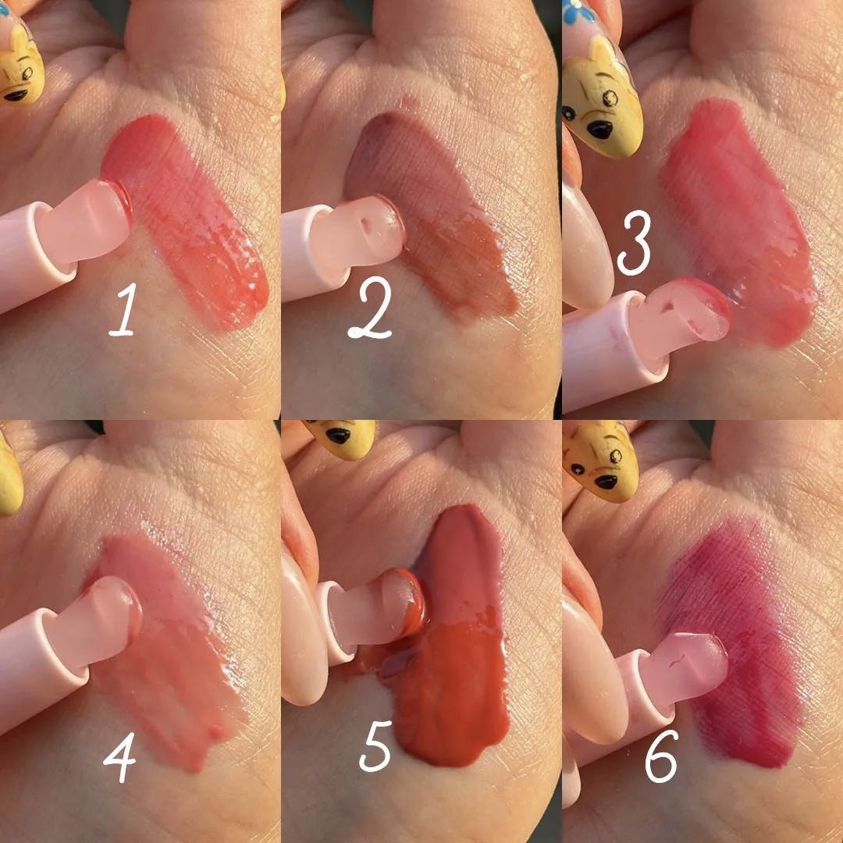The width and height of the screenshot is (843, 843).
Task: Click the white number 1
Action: click(x=123, y=310)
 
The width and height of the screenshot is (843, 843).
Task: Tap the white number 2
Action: click(x=371, y=308)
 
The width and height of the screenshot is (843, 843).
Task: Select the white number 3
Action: click(x=635, y=243)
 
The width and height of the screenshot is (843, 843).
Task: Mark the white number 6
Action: click(x=661, y=756)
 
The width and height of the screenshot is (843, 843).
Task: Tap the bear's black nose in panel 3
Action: click(x=599, y=129)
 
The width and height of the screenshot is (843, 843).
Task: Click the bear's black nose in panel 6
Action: click(x=606, y=482)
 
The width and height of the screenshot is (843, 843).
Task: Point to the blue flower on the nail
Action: click(x=579, y=11)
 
